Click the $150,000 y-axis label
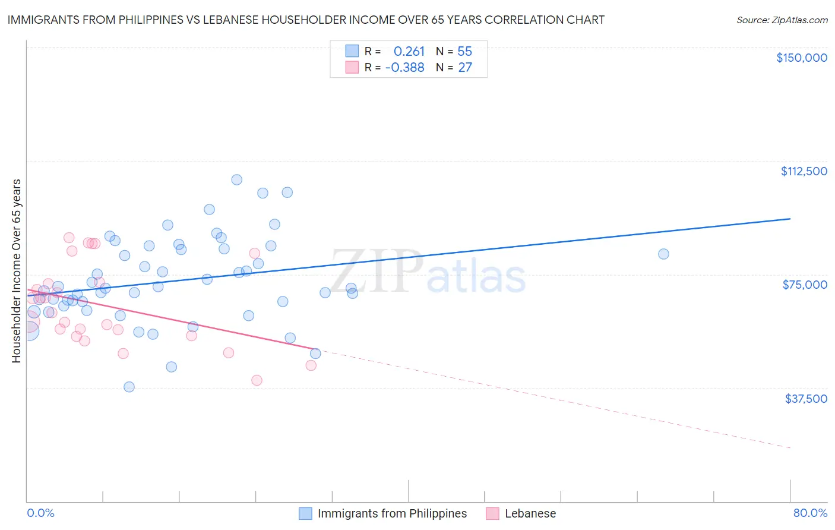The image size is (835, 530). click(x=801, y=58)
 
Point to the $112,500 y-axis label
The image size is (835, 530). click(x=804, y=171)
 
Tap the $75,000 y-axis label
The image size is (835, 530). click(x=805, y=285)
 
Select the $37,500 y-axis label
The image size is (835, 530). click(x=806, y=399)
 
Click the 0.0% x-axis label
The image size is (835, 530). click(x=40, y=513)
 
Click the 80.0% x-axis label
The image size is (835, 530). click(x=810, y=513)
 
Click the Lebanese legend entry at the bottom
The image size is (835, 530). click(x=530, y=513)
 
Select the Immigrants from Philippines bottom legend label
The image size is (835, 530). click(x=392, y=513)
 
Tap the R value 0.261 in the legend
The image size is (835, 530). click(x=409, y=52)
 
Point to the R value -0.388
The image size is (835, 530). click(x=404, y=68)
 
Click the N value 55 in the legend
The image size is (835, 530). click(x=464, y=52)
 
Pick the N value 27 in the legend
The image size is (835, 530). click(x=464, y=68)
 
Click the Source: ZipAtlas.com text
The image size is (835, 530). click(x=782, y=20)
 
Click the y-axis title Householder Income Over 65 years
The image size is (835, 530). click(x=17, y=271)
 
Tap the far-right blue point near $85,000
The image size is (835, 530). click(x=663, y=254)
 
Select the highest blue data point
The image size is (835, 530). click(x=236, y=179)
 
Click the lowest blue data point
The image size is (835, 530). click(x=129, y=387)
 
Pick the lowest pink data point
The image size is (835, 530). click(x=257, y=380)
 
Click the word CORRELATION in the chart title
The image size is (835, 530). click(x=526, y=20)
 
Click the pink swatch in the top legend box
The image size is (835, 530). click(x=352, y=67)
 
